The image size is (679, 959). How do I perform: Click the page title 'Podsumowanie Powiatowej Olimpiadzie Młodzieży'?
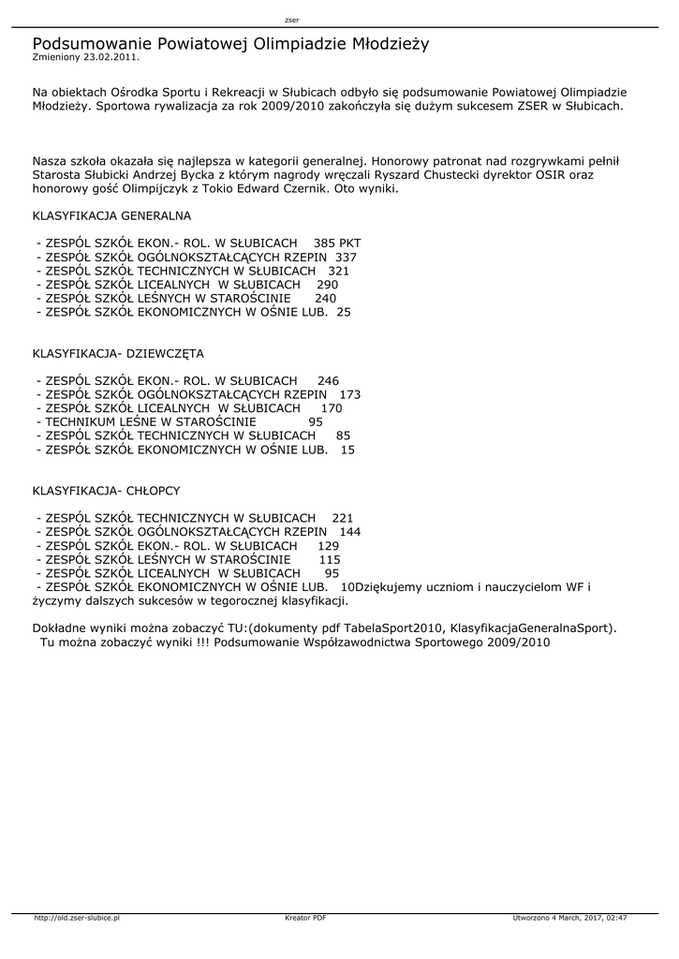pyautogui.click(x=230, y=43)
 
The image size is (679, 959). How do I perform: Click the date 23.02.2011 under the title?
pyautogui.click(x=111, y=57)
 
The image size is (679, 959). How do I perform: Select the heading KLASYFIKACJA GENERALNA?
pyautogui.click(x=111, y=215)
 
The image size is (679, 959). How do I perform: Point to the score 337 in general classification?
pyautogui.click(x=346, y=257)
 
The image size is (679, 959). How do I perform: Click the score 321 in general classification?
pyautogui.click(x=338, y=271)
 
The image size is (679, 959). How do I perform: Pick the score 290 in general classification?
pyautogui.click(x=327, y=285)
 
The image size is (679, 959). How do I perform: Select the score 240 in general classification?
pyautogui.click(x=325, y=299)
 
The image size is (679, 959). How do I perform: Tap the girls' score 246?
pyautogui.click(x=328, y=381)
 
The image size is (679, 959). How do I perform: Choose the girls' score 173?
pyautogui.click(x=349, y=395)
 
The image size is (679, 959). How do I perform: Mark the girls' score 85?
pyautogui.click(x=343, y=436)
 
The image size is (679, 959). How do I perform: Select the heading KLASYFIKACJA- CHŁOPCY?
pyautogui.click(x=106, y=491)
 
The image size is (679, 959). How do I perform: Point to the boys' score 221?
pyautogui.click(x=343, y=518)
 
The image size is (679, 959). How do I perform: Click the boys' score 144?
pyautogui.click(x=349, y=532)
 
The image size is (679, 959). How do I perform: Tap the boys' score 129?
pyautogui.click(x=329, y=546)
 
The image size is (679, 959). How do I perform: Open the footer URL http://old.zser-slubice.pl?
pyautogui.click(x=77, y=919)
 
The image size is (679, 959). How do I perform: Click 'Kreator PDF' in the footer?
pyautogui.click(x=305, y=919)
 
